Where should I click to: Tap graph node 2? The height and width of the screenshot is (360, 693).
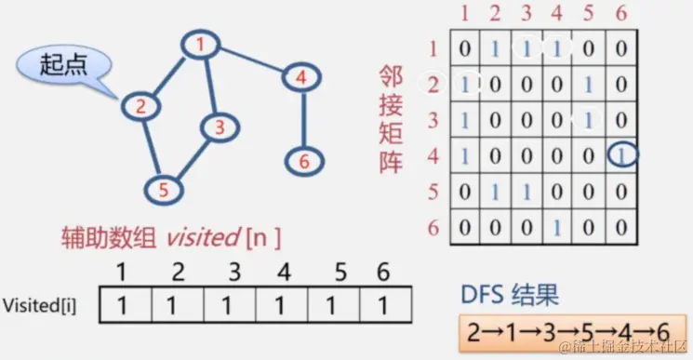pos(140,106)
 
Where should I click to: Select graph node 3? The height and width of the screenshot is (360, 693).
pos(219,127)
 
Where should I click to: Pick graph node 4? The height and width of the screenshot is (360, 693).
pos(300,78)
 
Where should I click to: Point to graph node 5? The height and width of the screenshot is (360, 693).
pos(163,191)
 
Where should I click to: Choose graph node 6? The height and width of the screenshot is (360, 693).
pos(302,161)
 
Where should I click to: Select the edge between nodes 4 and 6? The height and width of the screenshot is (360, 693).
pos(302,119)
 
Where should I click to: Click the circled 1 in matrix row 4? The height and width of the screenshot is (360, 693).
pos(620,155)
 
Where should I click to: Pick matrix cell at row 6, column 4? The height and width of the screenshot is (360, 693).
pos(557,227)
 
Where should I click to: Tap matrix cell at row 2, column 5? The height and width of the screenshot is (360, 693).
pos(589,84)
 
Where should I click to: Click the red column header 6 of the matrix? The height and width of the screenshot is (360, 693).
pos(620,14)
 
